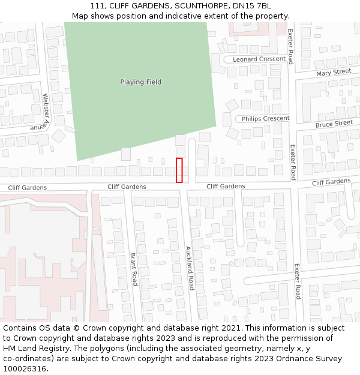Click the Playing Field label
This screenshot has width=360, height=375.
(x=140, y=82)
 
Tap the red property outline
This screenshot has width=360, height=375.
(x=179, y=170)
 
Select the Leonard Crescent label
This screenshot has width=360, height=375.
(x=259, y=59)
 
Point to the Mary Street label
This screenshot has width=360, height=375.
(x=333, y=73)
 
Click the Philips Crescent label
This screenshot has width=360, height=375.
(x=265, y=119)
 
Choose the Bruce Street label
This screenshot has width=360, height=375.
(x=334, y=124)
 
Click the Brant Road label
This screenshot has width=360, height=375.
(x=134, y=269)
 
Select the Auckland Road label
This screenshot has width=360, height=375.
(x=188, y=268)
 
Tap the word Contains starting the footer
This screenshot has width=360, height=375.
(x=21, y=328)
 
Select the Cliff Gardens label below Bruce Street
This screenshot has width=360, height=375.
(x=331, y=182)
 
